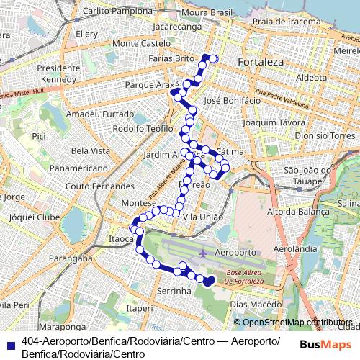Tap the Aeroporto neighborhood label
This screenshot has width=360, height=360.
click(x=236, y=253)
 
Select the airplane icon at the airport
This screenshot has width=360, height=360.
click(x=203, y=253)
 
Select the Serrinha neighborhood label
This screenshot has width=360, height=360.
click(x=174, y=291)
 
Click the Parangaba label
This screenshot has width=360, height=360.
click(x=71, y=258)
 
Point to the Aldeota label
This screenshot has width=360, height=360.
click(x=311, y=77)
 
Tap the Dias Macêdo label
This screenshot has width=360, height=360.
click(x=256, y=304)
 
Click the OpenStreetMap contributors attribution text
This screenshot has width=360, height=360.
click(x=297, y=323)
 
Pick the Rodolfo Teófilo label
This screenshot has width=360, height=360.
click(x=143, y=129)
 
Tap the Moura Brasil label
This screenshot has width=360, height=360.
click(x=207, y=13)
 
